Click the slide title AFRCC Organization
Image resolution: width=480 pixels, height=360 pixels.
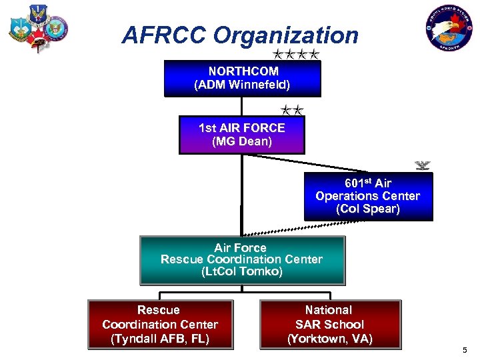point(240,35)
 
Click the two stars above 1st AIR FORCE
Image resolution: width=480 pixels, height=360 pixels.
point(292,109)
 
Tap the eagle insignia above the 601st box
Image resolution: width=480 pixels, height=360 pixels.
point(421,165)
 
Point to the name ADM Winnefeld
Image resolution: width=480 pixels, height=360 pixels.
point(242,85)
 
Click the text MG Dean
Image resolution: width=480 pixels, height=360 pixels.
point(241,141)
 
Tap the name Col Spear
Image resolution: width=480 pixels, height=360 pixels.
point(368,209)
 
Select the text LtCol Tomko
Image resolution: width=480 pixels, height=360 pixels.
point(241,271)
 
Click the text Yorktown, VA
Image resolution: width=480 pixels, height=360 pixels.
point(330,339)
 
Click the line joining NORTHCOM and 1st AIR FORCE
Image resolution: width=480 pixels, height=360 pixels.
point(242,107)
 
